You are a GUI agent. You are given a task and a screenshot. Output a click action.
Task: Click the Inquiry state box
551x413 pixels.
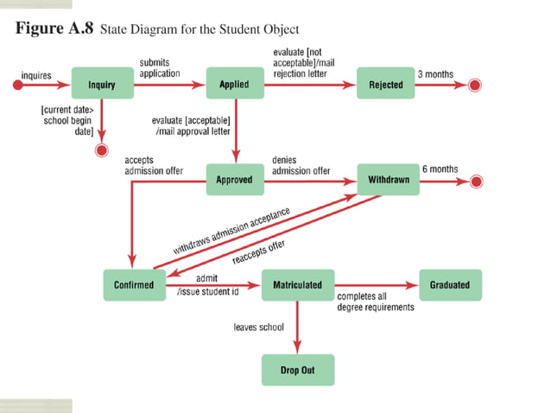tap(102, 85)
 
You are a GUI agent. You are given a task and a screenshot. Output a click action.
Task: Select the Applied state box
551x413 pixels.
tap(234, 85)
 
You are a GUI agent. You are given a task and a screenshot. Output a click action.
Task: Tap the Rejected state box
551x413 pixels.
tap(385, 85)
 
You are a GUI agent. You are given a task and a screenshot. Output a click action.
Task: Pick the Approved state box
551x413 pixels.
tap(234, 180)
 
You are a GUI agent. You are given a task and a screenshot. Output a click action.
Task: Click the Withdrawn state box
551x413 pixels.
tap(385, 180)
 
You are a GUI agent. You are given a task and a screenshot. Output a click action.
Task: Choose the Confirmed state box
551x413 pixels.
tap(134, 284)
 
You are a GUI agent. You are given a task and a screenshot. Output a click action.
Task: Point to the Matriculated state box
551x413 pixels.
tap(297, 284)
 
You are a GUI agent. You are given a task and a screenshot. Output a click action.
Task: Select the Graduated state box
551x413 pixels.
tap(450, 284)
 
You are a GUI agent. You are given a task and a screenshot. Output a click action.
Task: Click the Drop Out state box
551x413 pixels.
tap(297, 371)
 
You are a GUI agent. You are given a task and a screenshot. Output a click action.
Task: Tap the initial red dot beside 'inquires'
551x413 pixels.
tap(16, 86)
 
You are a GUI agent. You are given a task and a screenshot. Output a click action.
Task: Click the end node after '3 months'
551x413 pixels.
tap(474, 86)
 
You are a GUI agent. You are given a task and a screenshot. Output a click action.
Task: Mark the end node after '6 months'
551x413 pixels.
tap(474, 181)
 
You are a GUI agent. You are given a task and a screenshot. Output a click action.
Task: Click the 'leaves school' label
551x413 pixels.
tap(258, 327)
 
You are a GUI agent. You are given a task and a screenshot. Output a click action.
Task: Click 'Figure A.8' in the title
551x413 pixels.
tap(54, 29)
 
